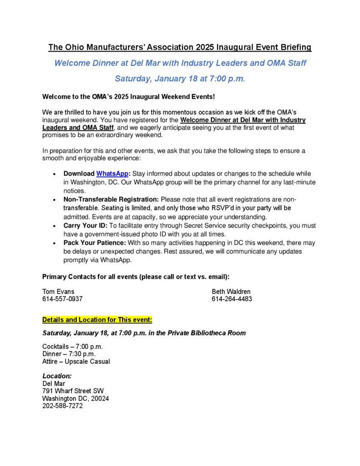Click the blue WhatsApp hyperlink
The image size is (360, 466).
(x=112, y=174)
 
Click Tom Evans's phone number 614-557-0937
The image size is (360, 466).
(x=62, y=299)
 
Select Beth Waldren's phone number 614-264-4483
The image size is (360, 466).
(x=232, y=299)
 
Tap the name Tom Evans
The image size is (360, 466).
(x=58, y=291)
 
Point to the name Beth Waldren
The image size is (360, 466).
(x=231, y=291)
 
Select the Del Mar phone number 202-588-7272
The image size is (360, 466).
(x=62, y=406)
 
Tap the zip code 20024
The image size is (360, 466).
(x=100, y=398)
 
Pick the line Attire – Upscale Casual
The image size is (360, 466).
(x=76, y=361)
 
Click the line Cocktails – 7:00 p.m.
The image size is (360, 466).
(x=72, y=346)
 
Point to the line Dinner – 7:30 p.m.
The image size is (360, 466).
(x=69, y=354)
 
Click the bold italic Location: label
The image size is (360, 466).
(x=57, y=376)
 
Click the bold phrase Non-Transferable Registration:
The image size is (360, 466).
(x=111, y=199)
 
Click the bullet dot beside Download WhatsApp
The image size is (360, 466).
(x=55, y=174)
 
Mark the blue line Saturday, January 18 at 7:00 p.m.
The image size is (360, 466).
(x=180, y=78)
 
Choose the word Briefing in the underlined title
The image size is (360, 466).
(x=293, y=47)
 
